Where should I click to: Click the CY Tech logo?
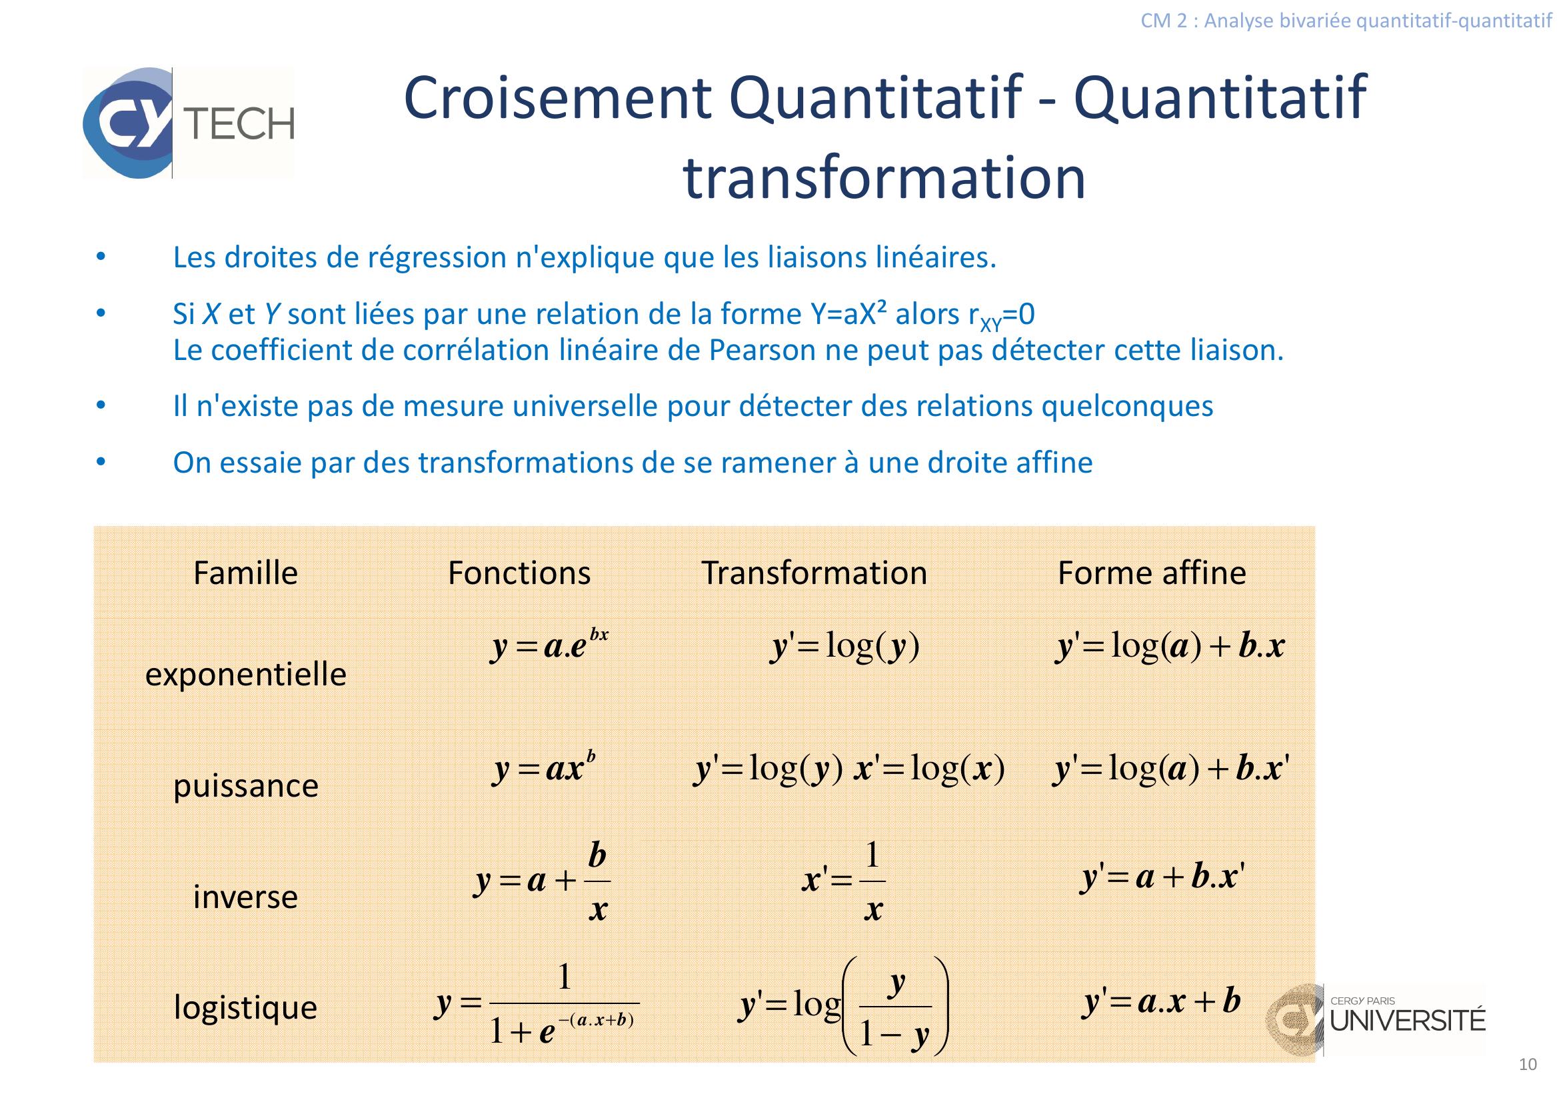(189, 123)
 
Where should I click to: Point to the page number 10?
(1528, 1065)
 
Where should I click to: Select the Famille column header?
(246, 573)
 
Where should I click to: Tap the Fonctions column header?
(519, 573)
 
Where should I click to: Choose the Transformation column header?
(814, 573)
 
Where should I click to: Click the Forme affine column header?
(1152, 573)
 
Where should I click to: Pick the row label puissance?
(246, 786)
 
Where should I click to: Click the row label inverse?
(246, 897)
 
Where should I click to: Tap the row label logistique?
(246, 1007)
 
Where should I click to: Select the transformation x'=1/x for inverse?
(844, 881)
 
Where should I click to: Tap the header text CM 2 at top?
(1164, 21)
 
